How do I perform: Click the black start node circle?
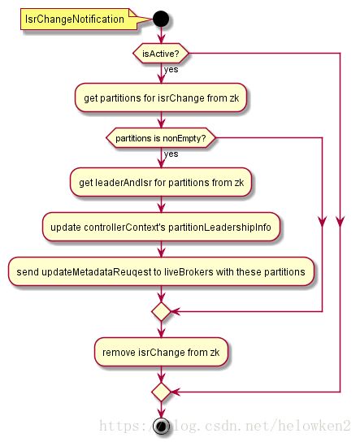(x=161, y=19)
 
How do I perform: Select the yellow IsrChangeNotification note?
(x=79, y=19)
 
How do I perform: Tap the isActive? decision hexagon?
(x=161, y=54)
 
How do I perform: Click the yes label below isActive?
(x=171, y=69)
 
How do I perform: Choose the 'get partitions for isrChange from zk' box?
(x=161, y=97)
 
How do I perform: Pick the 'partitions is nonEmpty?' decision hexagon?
(x=161, y=138)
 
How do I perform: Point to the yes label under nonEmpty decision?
(x=171, y=154)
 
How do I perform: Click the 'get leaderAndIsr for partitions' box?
(x=161, y=182)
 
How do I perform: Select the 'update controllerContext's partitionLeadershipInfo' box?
(x=161, y=227)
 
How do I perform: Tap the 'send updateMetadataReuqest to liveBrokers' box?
(x=161, y=271)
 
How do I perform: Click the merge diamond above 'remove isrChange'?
(x=161, y=311)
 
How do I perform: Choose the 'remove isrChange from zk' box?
(x=161, y=352)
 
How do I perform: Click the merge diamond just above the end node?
(x=161, y=392)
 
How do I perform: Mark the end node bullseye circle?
(x=161, y=426)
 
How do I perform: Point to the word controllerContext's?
(x=124, y=227)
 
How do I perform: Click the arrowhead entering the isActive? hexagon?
(x=161, y=40)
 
